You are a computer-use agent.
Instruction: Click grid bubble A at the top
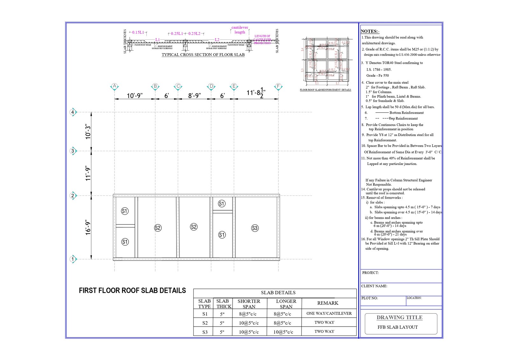pos(115,86)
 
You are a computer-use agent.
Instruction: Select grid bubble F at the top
pos(278,86)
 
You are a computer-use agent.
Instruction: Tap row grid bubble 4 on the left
pos(73,112)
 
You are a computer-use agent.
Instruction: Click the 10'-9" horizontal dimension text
pos(135,95)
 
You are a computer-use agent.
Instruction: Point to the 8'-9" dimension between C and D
pos(194,95)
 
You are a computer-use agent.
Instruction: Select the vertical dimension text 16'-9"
pos(88,227)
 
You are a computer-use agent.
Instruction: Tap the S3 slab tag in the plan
pos(255,228)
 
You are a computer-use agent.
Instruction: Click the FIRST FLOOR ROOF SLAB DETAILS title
pos(132,291)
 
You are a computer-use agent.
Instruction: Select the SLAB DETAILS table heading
pos(278,293)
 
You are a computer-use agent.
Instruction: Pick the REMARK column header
pos(328,303)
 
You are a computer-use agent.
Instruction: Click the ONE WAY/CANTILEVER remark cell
pos(329,314)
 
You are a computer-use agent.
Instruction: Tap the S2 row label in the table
pos(205,323)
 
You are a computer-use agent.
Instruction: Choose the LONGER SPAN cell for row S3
pos(283,332)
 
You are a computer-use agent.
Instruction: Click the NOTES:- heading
pos(370,31)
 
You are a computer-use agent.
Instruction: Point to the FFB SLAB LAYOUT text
pos(398,327)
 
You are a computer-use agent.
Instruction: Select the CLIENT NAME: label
pos(374,286)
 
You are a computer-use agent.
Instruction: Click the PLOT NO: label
pos(370,298)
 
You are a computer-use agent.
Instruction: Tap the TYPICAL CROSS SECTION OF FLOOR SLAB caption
pos(203,55)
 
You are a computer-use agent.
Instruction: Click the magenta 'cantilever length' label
pos(240,30)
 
